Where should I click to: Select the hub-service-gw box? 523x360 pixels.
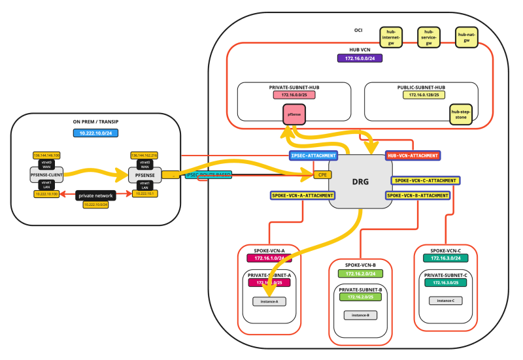pos(428,37)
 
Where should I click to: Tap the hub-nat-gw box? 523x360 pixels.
pos(466,37)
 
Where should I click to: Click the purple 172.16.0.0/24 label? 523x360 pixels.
pos(360,59)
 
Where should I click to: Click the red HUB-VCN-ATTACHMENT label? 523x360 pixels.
pos(413,155)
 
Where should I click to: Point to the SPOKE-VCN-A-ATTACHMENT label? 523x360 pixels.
pos(302,195)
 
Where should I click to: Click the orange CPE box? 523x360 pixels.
pos(322,174)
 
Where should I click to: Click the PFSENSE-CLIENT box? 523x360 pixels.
pos(46,174)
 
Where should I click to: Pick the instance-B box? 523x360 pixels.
pos(360,315)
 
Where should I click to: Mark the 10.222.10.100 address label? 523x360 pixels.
pos(46,194)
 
